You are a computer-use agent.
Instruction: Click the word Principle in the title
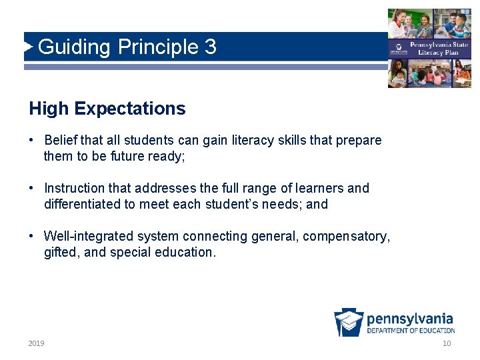click(x=157, y=47)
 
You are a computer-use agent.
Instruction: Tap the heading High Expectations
click(x=107, y=109)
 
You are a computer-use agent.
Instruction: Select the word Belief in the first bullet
click(x=61, y=141)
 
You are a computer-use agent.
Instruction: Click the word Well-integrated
click(x=87, y=237)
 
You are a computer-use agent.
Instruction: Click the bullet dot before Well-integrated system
click(x=32, y=237)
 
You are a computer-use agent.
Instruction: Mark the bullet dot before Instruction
click(x=32, y=189)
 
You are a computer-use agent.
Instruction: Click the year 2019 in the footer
click(x=36, y=343)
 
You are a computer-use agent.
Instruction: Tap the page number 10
click(x=446, y=343)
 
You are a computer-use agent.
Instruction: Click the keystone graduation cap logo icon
click(x=349, y=322)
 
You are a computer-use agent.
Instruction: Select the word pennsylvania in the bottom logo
click(x=409, y=319)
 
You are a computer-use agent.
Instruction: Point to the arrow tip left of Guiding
click(x=31, y=47)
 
